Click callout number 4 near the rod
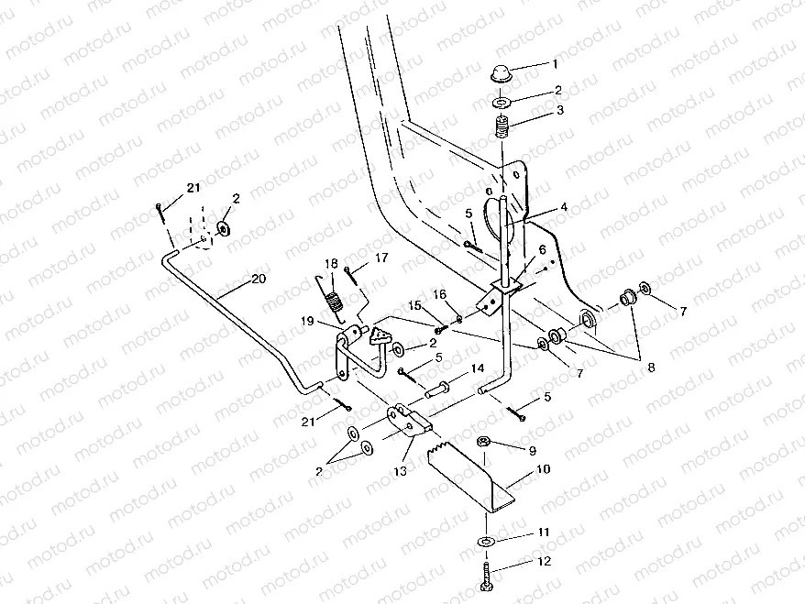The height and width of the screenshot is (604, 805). pos(564,207)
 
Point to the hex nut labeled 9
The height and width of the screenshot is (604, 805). pos(483,444)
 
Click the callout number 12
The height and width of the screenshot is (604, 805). pos(545,562)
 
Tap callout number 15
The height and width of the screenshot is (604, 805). pos(414,304)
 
